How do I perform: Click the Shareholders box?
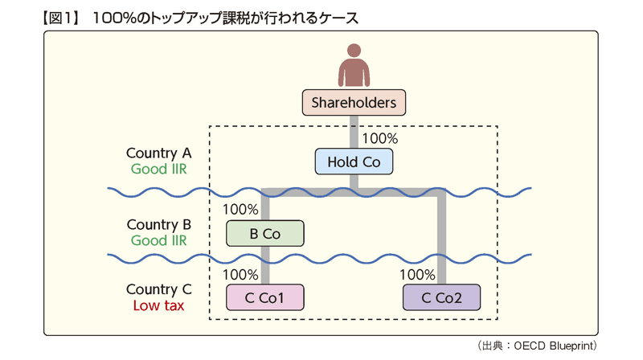click(354, 103)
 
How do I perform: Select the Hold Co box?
click(354, 162)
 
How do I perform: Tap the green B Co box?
click(265, 233)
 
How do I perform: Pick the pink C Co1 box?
click(265, 297)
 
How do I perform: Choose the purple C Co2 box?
click(441, 297)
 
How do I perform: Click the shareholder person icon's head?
click(354, 51)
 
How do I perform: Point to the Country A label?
click(158, 153)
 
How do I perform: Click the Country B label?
click(158, 224)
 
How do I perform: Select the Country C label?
click(158, 289)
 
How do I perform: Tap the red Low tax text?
click(158, 305)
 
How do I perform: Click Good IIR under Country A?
click(158, 169)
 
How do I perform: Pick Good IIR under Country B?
click(158, 240)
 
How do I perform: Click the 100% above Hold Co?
click(379, 138)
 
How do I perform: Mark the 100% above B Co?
click(240, 210)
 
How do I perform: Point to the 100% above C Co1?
click(240, 274)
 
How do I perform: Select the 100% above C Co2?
click(417, 274)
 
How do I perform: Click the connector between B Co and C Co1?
click(265, 265)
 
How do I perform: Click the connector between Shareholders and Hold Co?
click(354, 132)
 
